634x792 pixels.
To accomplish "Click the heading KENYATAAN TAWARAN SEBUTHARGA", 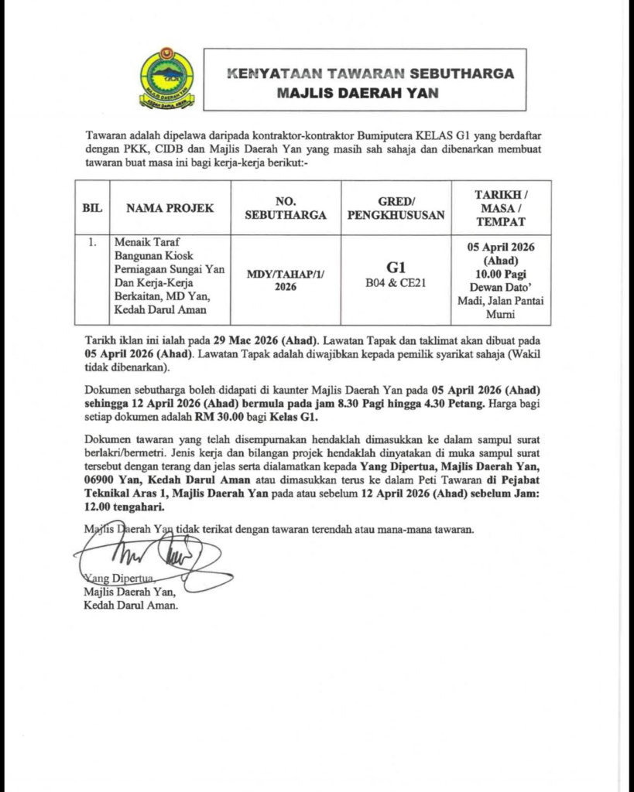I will (x=370, y=74).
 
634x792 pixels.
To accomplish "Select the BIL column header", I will (x=92, y=208).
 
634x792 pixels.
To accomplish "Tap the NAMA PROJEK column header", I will (x=170, y=208).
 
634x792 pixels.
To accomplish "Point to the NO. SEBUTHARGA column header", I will (x=286, y=208).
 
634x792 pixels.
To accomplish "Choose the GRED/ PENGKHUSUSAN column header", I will (x=396, y=208).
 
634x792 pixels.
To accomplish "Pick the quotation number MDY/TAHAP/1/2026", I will (x=286, y=280).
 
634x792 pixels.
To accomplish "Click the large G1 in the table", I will (x=396, y=267).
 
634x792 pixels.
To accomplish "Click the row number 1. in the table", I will (x=92, y=242).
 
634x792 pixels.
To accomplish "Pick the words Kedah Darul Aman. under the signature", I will (x=131, y=606).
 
